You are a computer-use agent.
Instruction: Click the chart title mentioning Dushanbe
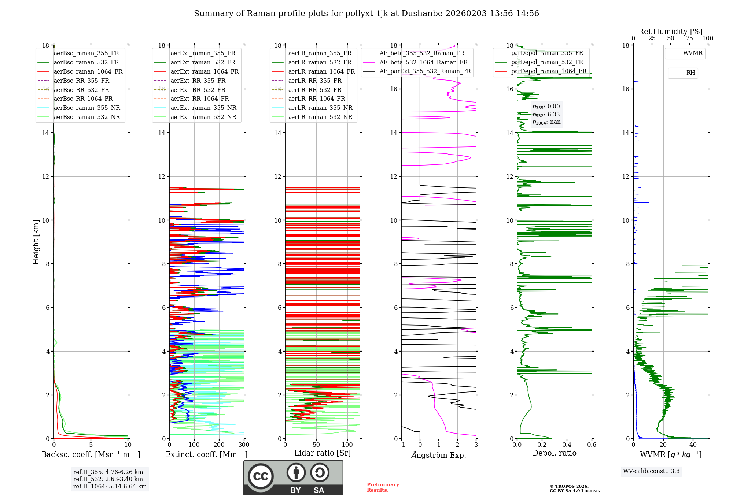366,14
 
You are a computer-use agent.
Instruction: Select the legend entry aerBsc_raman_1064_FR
88,71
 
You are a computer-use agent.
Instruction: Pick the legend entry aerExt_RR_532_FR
198,90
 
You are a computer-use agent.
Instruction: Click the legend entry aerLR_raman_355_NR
320,108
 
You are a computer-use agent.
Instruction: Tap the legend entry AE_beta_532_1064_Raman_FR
423,62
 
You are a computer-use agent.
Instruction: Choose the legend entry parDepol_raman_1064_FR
549,71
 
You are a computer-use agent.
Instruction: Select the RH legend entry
690,73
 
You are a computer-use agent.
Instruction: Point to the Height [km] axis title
36,242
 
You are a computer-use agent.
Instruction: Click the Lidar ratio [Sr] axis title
323,453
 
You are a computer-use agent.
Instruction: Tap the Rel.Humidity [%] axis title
670,31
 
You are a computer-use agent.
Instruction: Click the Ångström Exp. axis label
439,455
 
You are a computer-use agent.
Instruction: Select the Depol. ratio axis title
554,453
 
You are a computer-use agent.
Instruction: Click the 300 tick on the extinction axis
244,445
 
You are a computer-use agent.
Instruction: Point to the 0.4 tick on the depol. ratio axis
567,445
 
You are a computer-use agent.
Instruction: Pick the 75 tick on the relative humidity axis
689,38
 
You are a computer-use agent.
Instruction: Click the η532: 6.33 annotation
546,115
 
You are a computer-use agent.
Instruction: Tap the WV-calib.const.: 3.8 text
651,471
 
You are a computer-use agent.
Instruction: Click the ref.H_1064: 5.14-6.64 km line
110,486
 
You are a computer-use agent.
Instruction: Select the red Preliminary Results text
383,487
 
